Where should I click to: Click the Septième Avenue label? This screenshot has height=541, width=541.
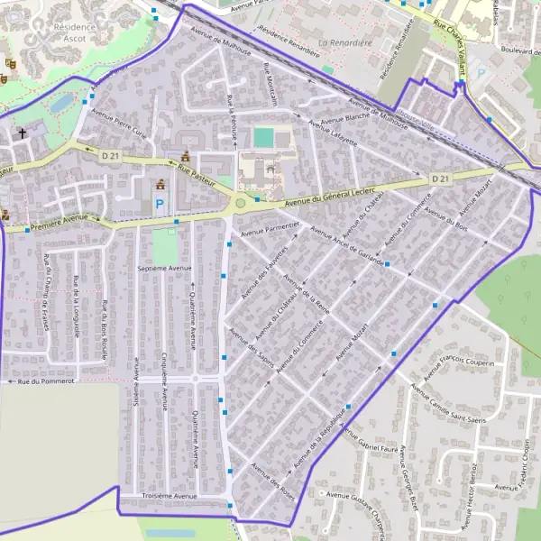(165, 268)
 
